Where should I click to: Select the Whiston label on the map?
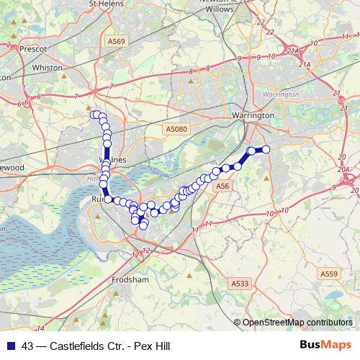(47, 68)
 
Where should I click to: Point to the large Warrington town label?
(253, 115)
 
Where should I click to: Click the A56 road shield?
(222, 186)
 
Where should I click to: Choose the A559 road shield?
(329, 274)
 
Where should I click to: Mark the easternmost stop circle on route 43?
(265, 149)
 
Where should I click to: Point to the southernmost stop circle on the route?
(143, 225)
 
